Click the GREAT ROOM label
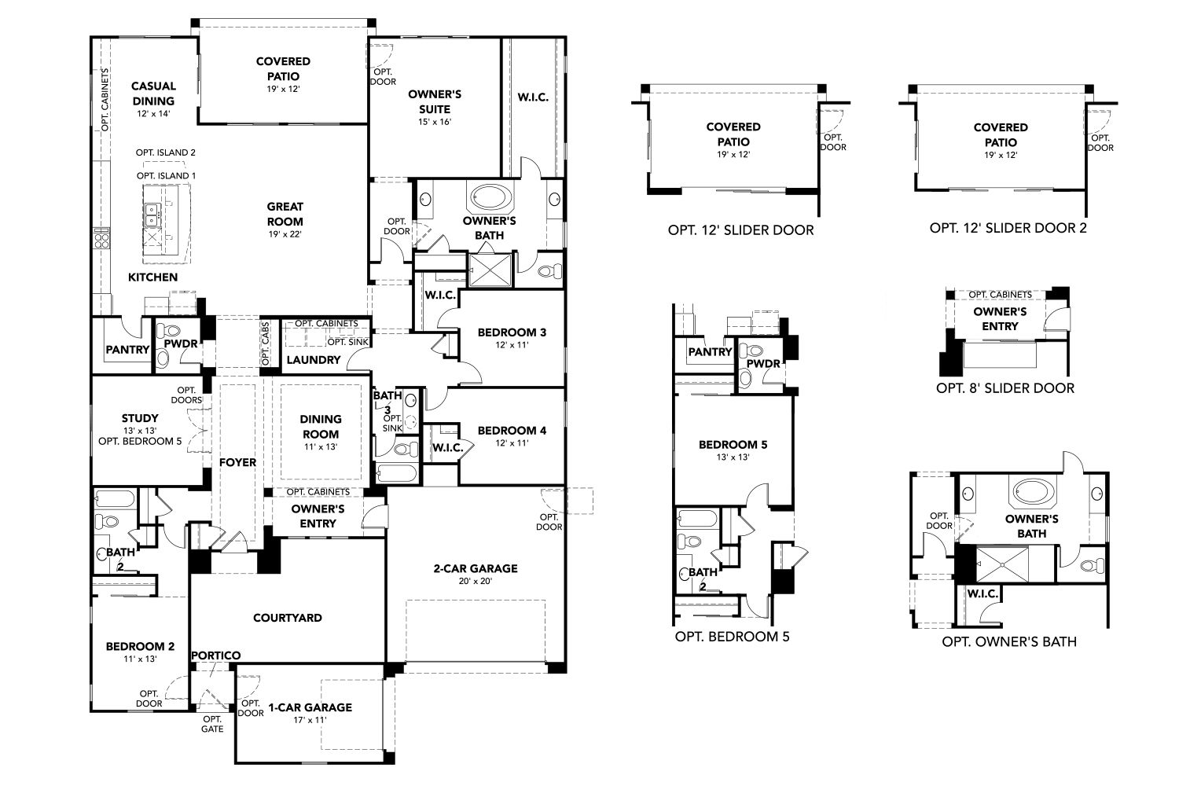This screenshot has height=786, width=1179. click(x=285, y=215)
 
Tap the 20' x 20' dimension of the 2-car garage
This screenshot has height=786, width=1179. click(x=475, y=582)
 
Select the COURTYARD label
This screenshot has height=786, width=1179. click(x=287, y=618)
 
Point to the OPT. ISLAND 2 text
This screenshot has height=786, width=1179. click(x=165, y=152)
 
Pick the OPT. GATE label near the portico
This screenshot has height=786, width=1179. click(x=212, y=724)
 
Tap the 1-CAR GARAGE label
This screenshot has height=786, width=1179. click(x=310, y=707)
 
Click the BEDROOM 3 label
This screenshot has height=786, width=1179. click(x=512, y=332)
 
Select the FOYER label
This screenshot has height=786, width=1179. click(x=237, y=462)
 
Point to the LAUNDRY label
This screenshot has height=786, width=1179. click(x=313, y=360)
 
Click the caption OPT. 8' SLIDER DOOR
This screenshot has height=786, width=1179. click(x=1005, y=387)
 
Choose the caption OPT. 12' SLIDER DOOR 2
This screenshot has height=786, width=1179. click(x=1008, y=228)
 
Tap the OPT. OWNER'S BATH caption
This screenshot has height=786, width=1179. click(x=1008, y=641)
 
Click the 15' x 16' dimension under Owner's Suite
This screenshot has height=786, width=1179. click(x=434, y=122)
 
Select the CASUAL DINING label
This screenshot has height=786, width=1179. click(x=153, y=94)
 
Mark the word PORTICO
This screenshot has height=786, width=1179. click(x=215, y=656)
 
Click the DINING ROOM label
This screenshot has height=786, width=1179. click(x=321, y=426)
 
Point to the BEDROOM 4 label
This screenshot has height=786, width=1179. click(x=512, y=430)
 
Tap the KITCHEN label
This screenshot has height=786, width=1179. click(x=152, y=277)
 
